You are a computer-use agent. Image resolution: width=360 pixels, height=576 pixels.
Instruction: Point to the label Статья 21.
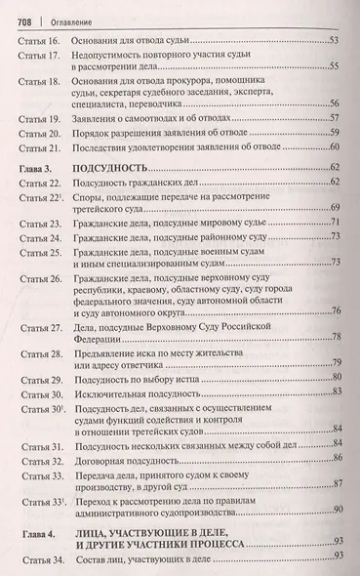click(x=39, y=145)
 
